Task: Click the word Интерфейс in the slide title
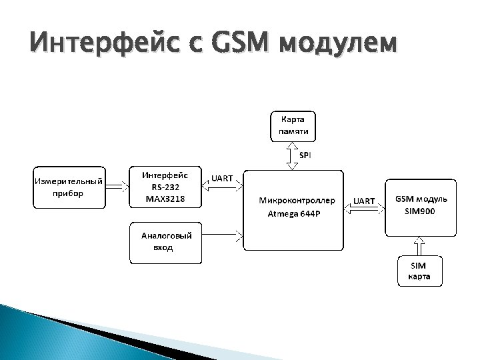105,44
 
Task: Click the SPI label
305,155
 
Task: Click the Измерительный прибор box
69,187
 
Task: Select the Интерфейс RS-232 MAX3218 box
165,187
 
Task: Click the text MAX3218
165,199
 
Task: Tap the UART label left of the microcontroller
222,178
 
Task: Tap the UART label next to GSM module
364,201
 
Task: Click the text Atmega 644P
293,214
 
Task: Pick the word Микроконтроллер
293,200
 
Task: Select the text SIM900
421,211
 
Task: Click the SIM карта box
419,271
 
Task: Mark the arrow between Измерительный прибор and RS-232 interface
117,187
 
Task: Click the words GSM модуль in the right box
421,199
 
